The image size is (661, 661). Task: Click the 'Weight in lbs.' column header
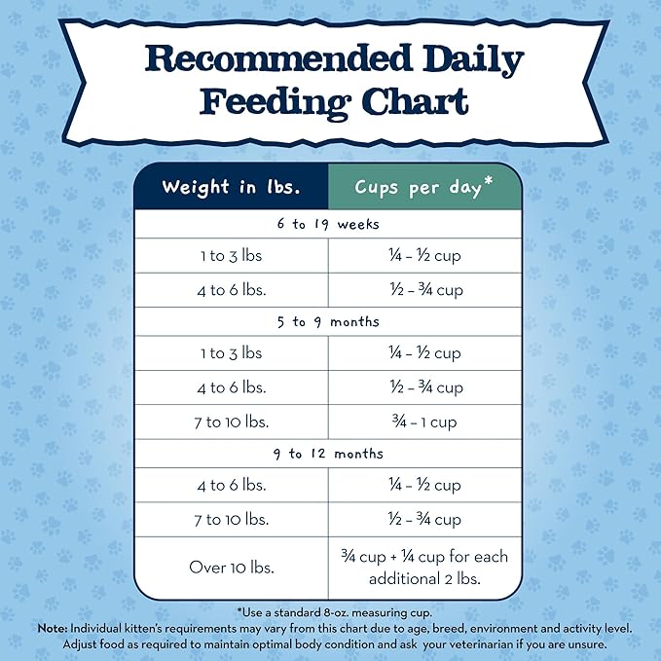tap(231, 187)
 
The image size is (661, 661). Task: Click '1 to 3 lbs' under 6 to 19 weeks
tap(231, 256)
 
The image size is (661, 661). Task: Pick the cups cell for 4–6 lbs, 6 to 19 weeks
tap(422, 290)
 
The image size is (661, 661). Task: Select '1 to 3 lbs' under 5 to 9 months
tap(231, 353)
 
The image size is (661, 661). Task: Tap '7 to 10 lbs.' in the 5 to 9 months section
tap(231, 422)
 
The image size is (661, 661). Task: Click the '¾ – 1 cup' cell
tap(422, 422)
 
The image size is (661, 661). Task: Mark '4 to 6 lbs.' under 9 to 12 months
tap(231, 485)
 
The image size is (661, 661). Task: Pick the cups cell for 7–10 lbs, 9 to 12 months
tap(422, 520)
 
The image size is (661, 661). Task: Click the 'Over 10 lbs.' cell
tap(231, 568)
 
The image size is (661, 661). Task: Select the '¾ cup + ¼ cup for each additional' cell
tap(422, 568)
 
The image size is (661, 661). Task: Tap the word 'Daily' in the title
tap(470, 60)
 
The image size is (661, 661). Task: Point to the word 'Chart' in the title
tap(412, 102)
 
